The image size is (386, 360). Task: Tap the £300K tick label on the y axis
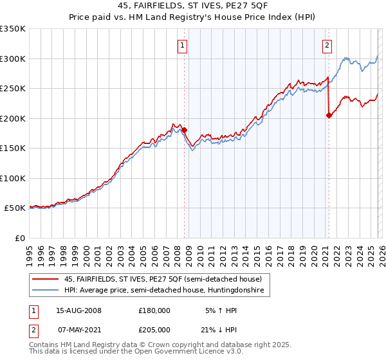pyautogui.click(x=13, y=59)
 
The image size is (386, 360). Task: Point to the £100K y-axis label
pyautogui.click(x=13, y=178)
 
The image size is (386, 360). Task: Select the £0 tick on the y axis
pyautogui.click(x=19, y=238)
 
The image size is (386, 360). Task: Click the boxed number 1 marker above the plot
pyautogui.click(x=183, y=45)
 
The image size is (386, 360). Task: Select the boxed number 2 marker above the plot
pyautogui.click(x=327, y=45)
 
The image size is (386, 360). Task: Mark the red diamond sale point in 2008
pyautogui.click(x=184, y=130)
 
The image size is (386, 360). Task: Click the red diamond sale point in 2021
pyautogui.click(x=329, y=116)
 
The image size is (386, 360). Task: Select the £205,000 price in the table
pyautogui.click(x=154, y=329)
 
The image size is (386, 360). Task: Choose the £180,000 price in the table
pyautogui.click(x=154, y=310)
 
